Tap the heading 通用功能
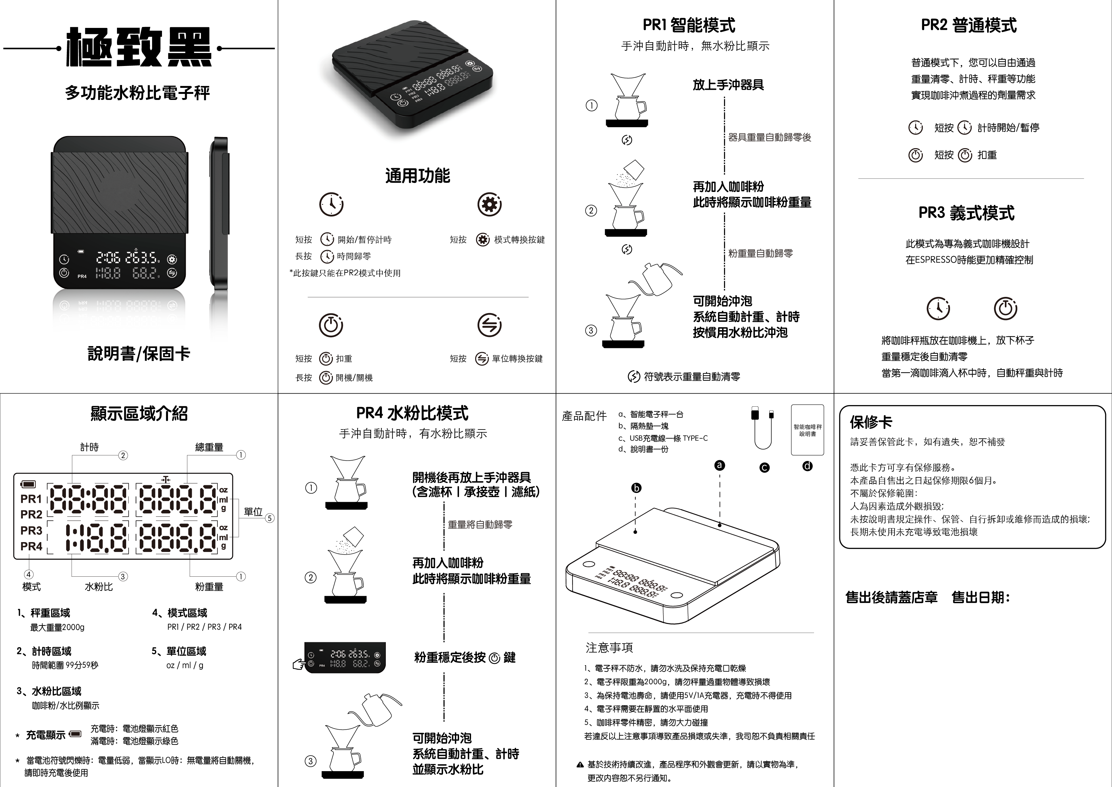click(x=417, y=175)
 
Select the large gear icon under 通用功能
click(x=489, y=205)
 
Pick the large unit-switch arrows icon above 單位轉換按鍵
click(x=489, y=325)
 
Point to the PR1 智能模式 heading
click(x=689, y=25)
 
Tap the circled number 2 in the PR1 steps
click(x=591, y=211)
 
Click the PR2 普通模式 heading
click(x=969, y=25)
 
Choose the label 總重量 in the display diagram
click(x=209, y=447)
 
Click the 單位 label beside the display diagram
click(x=253, y=512)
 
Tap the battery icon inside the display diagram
click(x=28, y=484)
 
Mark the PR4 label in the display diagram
click(x=31, y=546)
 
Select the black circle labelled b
click(x=637, y=488)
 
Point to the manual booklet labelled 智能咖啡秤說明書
click(x=807, y=430)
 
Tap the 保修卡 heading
click(x=871, y=422)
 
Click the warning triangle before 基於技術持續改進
click(x=580, y=765)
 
